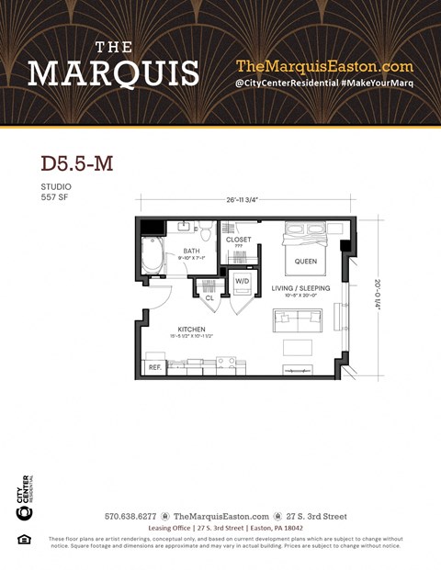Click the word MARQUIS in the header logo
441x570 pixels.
(113, 73)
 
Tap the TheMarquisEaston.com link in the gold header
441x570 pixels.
(324, 66)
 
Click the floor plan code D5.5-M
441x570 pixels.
(77, 163)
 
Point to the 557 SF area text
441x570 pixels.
(56, 197)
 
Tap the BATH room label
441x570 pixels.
(191, 251)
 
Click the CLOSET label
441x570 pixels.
(239, 239)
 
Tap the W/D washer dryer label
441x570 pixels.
(243, 281)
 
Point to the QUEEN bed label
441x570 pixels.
(306, 261)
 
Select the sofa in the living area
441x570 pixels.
(297, 321)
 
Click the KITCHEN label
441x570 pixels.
(192, 330)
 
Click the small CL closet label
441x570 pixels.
(209, 297)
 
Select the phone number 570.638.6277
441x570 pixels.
(131, 517)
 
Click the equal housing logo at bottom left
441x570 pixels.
(25, 539)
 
